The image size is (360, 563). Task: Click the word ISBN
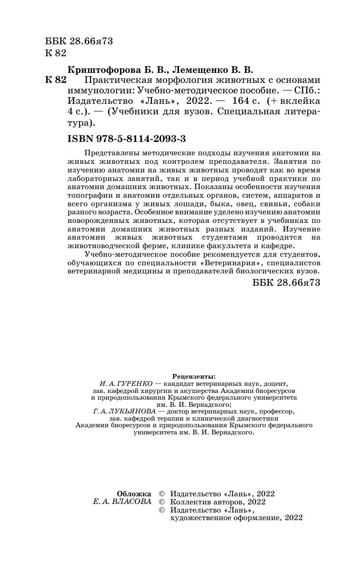tap(81, 139)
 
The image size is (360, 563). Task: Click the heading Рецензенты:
tap(190, 376)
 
